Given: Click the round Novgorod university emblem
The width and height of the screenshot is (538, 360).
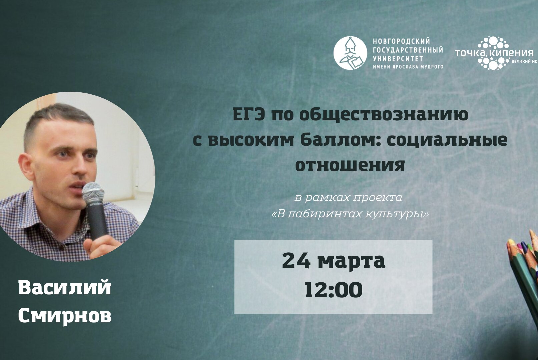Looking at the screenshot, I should pos(350,53).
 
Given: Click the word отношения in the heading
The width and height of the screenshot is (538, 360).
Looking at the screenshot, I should pos(350,165).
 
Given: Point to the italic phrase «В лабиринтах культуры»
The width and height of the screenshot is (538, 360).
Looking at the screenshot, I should pos(350,214).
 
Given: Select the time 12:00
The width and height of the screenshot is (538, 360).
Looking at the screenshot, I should pos(333,290).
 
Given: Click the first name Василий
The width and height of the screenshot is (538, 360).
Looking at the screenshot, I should pos(65,287).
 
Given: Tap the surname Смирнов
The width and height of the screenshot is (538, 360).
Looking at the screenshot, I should pos(65,315).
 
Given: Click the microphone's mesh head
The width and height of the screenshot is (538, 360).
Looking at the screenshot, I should pos(93,192).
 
